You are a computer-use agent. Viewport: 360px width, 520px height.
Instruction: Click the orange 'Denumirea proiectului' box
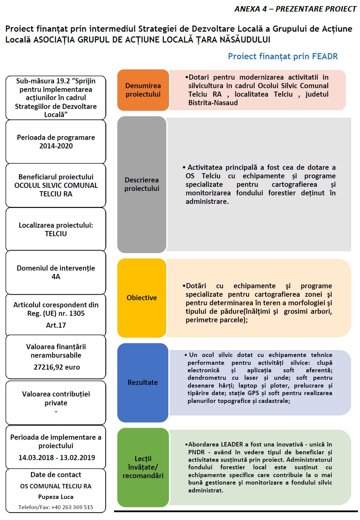pos(143,90)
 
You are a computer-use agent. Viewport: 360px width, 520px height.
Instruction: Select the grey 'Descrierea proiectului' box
pos(142,184)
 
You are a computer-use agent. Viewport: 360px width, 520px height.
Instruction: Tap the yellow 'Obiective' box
pos(142,298)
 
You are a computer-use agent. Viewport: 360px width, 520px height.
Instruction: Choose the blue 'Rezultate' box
pos(143,383)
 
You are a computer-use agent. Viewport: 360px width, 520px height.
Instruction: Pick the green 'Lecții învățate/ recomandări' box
pos(143,467)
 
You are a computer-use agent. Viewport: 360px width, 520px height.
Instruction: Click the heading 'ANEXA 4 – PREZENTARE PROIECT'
pos(295,9)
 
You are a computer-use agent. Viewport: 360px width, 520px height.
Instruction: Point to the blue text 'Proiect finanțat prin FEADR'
pos(283,56)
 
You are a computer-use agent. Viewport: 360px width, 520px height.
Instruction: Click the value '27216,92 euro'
pos(57,367)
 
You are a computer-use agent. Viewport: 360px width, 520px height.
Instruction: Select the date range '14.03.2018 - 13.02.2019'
pos(57,458)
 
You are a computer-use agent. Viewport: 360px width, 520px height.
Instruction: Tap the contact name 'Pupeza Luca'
pos(56,497)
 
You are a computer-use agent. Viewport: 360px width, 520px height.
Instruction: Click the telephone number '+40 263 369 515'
pos(72,507)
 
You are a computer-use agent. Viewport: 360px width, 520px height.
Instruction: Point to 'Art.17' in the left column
pos(56,325)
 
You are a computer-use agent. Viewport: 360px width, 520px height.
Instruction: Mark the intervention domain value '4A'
pos(56,277)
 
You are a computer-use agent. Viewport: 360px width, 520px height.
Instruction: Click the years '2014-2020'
pos(56,146)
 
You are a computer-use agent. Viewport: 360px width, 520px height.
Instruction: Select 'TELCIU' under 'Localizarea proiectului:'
pos(56,234)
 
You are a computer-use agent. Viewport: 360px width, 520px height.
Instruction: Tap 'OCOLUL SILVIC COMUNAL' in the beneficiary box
pos(56,185)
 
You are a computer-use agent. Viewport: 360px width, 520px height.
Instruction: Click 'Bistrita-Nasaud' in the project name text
pos(213,103)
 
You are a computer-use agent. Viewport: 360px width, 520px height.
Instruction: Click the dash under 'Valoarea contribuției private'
pos(56,412)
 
